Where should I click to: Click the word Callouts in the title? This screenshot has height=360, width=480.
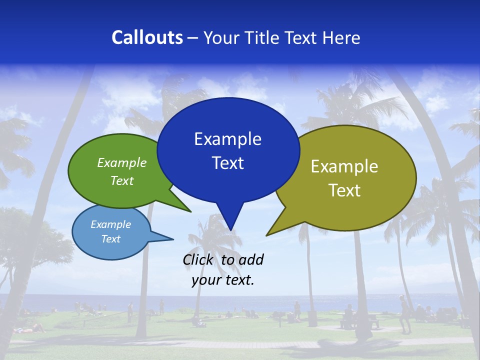(147, 37)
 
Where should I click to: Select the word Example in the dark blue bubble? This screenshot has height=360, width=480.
(227, 139)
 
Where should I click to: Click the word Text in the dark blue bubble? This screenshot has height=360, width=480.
(227, 163)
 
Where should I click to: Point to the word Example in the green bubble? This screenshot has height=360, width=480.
(122, 162)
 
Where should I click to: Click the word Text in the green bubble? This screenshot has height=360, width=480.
(122, 180)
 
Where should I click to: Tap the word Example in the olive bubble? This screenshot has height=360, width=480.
(344, 166)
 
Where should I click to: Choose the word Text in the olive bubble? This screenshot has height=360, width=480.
(344, 190)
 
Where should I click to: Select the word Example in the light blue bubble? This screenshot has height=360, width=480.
(111, 224)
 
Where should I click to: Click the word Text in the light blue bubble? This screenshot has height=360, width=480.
(111, 239)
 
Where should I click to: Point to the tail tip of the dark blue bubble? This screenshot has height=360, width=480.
(230, 228)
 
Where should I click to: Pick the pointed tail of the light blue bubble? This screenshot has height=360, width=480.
(170, 238)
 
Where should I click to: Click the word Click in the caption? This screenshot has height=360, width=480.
(197, 259)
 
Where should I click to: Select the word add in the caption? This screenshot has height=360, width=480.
(251, 259)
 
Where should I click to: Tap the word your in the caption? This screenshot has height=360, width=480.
(205, 280)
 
